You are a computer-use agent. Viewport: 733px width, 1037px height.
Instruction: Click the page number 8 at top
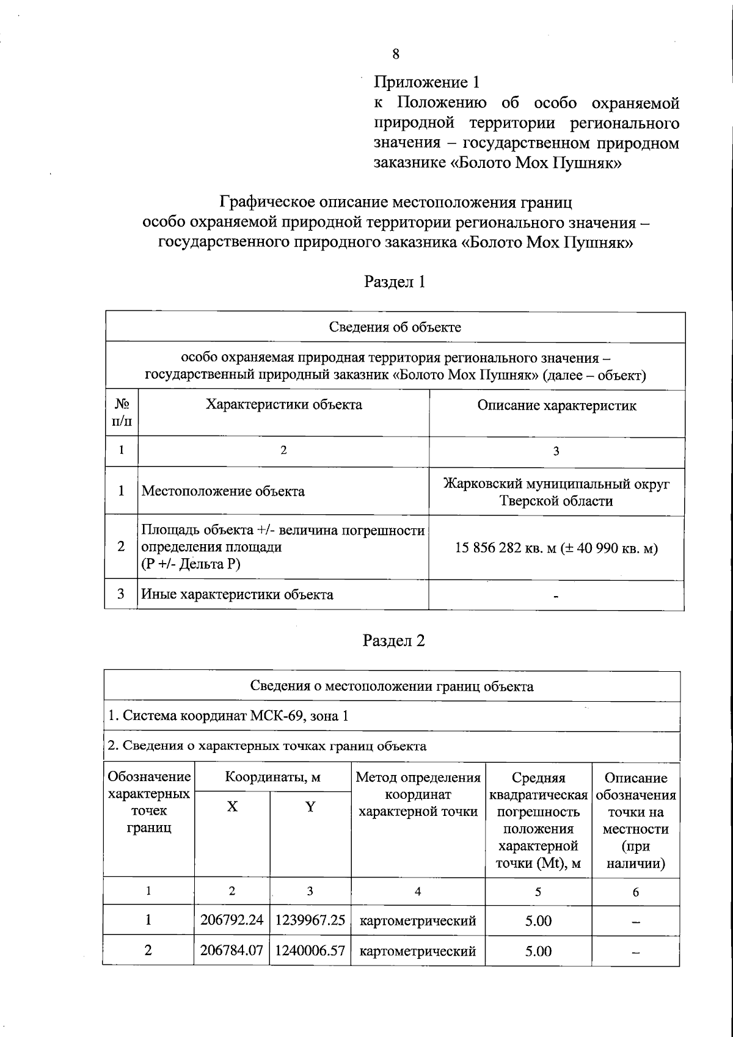pos(396,54)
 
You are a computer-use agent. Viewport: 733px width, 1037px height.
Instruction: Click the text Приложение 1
pos(427,82)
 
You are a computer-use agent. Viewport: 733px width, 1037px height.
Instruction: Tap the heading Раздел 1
pos(394,282)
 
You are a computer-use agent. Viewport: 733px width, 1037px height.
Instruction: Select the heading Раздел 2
pos(393,641)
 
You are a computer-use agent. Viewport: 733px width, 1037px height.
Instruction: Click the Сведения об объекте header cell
pos(395,327)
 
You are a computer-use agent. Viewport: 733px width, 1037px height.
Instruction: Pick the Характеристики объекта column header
pos(283,404)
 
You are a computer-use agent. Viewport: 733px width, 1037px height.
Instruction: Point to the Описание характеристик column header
pos(556,406)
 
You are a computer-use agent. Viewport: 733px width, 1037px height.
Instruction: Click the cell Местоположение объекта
pos(223,491)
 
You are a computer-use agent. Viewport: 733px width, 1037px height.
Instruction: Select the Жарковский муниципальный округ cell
pos(556,492)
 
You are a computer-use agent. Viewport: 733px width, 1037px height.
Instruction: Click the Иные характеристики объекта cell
pos(237,594)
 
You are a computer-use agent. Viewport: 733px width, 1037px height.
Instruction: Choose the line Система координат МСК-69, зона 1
pos(228,716)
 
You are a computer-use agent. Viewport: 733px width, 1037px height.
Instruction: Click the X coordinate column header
pos(232,807)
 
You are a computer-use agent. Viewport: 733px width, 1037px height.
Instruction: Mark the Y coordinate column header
pos(310,807)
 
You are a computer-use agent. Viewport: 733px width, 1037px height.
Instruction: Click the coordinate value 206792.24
pos(232,920)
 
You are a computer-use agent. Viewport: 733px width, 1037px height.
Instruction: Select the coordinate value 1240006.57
pos(310,950)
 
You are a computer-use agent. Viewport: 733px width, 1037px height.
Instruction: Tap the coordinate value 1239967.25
pos(310,920)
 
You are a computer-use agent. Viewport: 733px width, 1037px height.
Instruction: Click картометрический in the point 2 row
pos(418,951)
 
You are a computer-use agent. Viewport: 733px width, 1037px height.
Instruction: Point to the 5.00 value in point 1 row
pos(538,921)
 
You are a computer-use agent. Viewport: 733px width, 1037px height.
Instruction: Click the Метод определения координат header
pos(418,795)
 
